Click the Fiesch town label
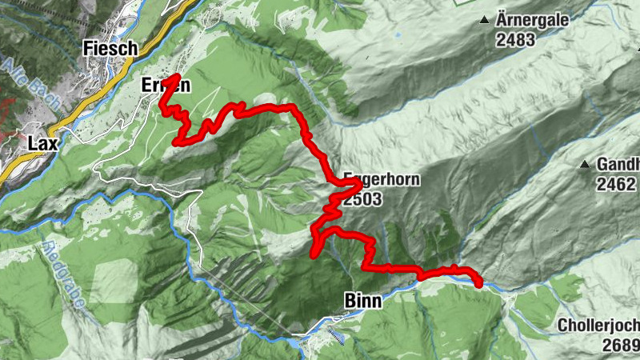click(110, 49)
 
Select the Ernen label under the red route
click(166, 86)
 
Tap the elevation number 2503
click(364, 200)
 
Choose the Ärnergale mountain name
click(532, 19)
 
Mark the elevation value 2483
click(514, 40)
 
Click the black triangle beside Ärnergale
click(485, 19)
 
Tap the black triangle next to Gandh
click(585, 165)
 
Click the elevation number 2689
click(621, 346)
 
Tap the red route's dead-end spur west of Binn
click(312, 256)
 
